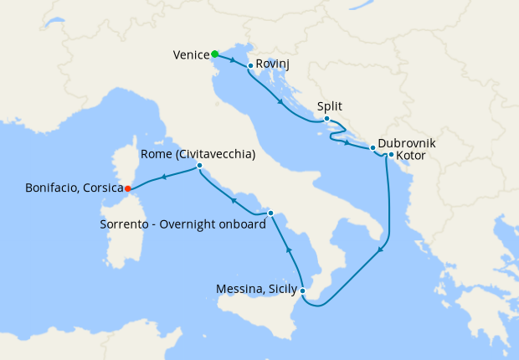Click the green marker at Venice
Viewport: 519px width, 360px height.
(x=215, y=54)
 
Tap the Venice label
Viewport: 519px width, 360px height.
(x=191, y=55)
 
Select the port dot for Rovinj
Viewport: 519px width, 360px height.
(x=250, y=65)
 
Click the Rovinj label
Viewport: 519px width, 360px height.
(x=272, y=64)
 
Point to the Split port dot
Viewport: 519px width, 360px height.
(x=326, y=119)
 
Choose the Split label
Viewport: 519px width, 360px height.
(x=331, y=106)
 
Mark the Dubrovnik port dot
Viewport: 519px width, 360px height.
(x=373, y=148)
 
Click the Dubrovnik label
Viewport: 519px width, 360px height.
(x=406, y=143)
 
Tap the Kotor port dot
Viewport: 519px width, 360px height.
(x=391, y=154)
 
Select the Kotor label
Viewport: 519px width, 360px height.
(x=411, y=156)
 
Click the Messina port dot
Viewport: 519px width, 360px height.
(x=302, y=291)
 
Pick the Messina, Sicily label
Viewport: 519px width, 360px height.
(x=256, y=291)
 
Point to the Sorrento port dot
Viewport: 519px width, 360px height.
(x=270, y=213)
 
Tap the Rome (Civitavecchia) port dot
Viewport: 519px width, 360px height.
(x=199, y=166)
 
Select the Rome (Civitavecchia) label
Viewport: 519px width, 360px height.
(x=198, y=154)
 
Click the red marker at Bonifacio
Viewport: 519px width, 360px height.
(x=127, y=188)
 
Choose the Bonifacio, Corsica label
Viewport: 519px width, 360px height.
(x=75, y=188)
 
